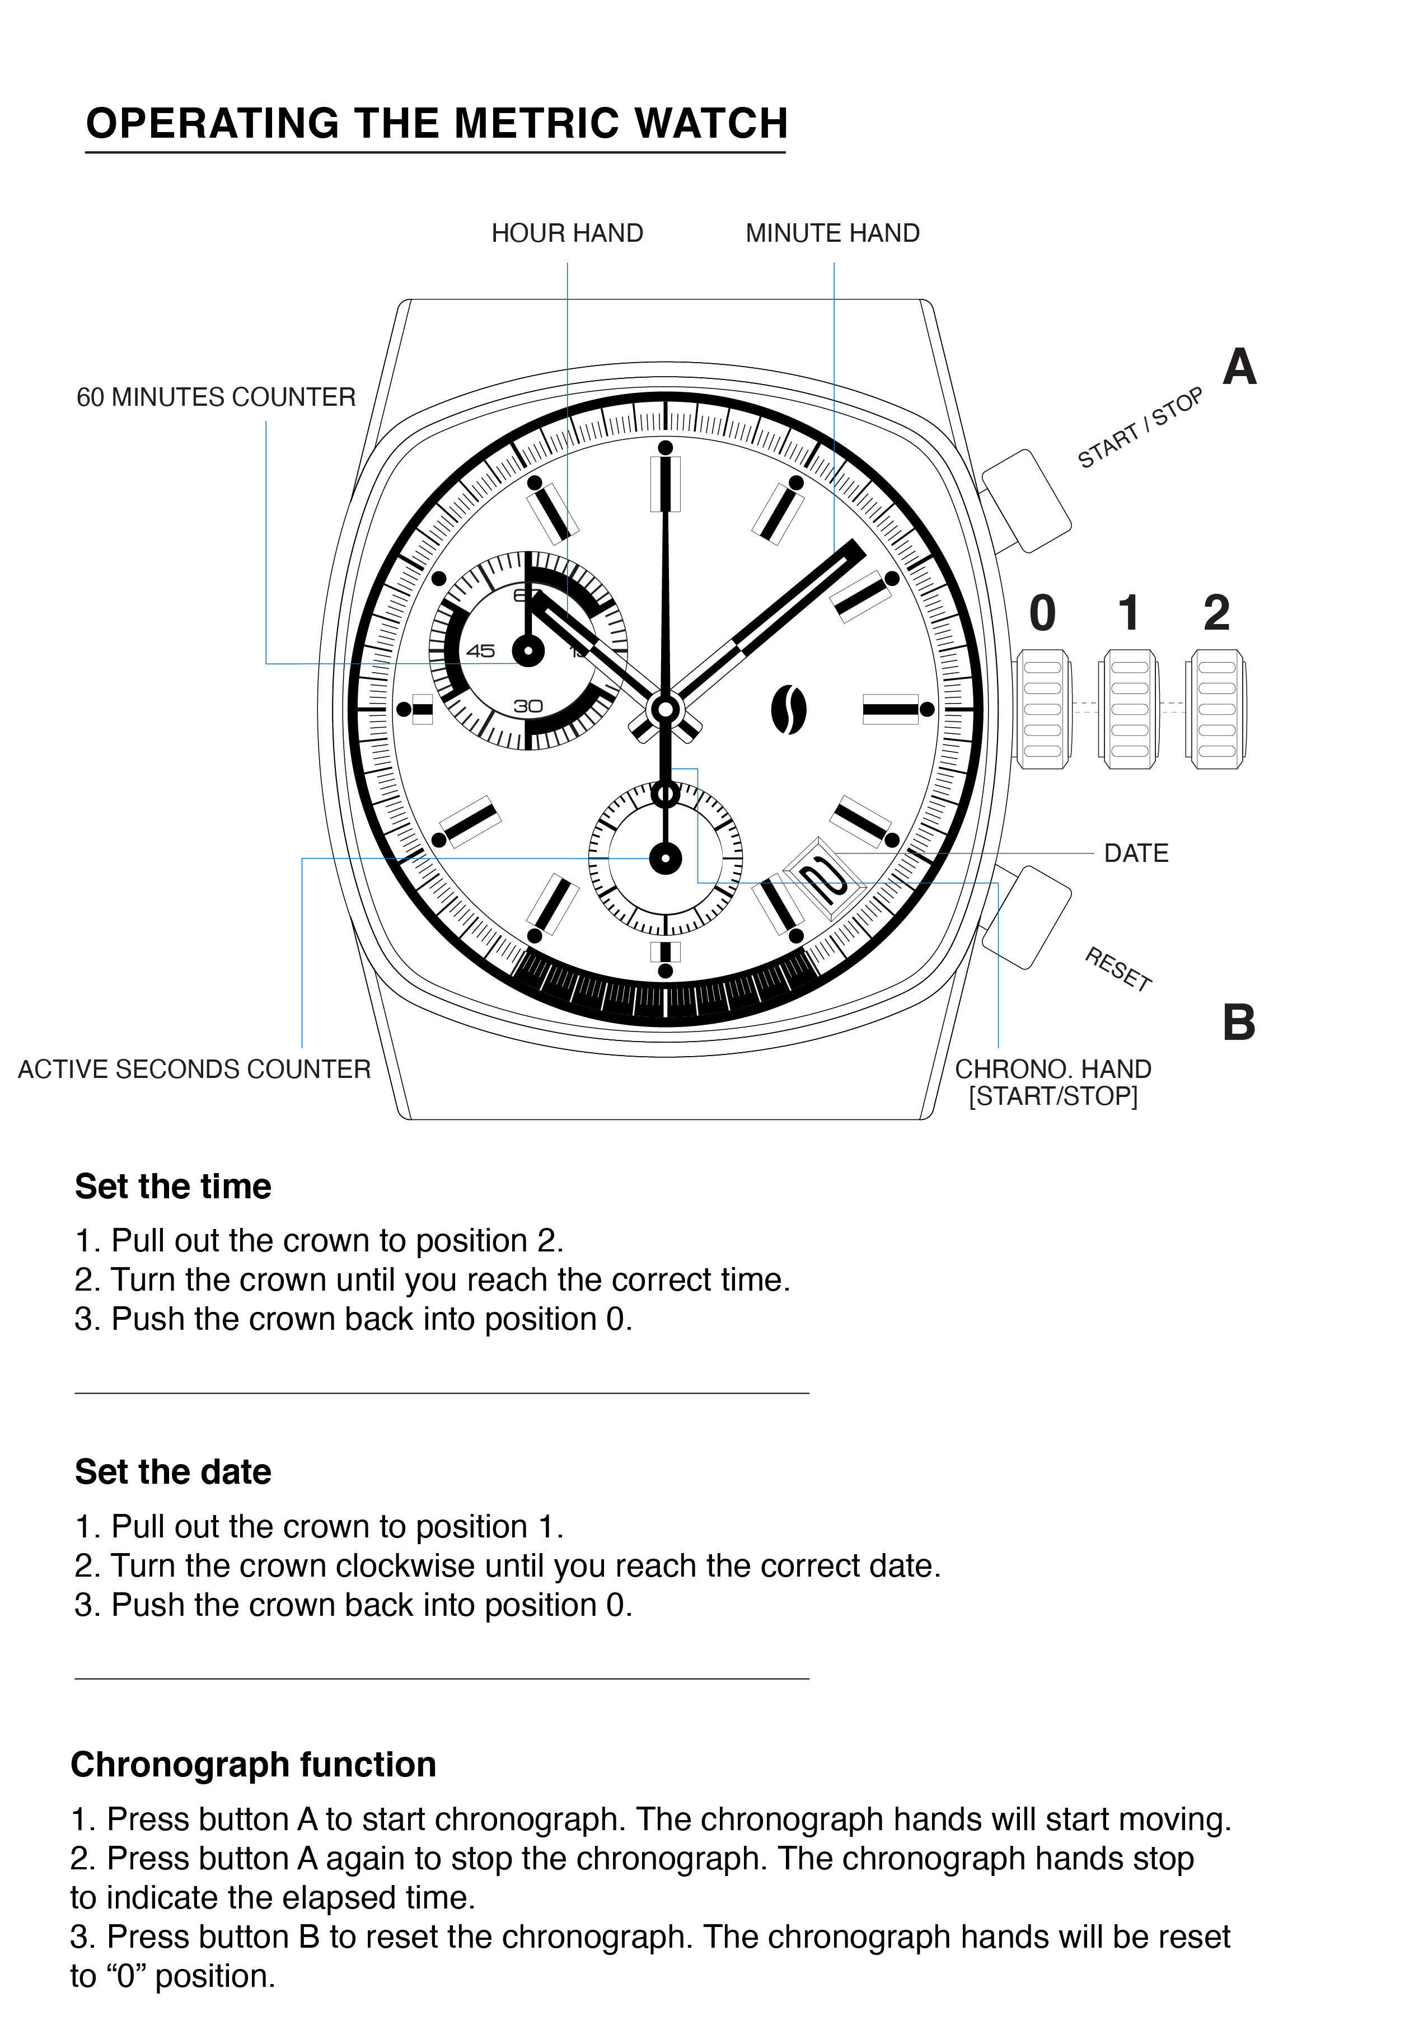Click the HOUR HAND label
click(566, 233)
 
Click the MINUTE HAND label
click(832, 233)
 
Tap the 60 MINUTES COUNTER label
click(216, 397)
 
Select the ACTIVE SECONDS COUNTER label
click(194, 1069)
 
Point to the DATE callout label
click(1135, 854)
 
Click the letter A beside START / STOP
click(1239, 367)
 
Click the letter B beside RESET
click(1238, 1023)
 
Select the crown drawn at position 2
click(1216, 709)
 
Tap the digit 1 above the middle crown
click(1129, 613)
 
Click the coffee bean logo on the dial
click(788, 710)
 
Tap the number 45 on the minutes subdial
click(480, 650)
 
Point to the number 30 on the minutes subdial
click(528, 706)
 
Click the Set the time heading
click(173, 1186)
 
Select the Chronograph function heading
click(254, 1764)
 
